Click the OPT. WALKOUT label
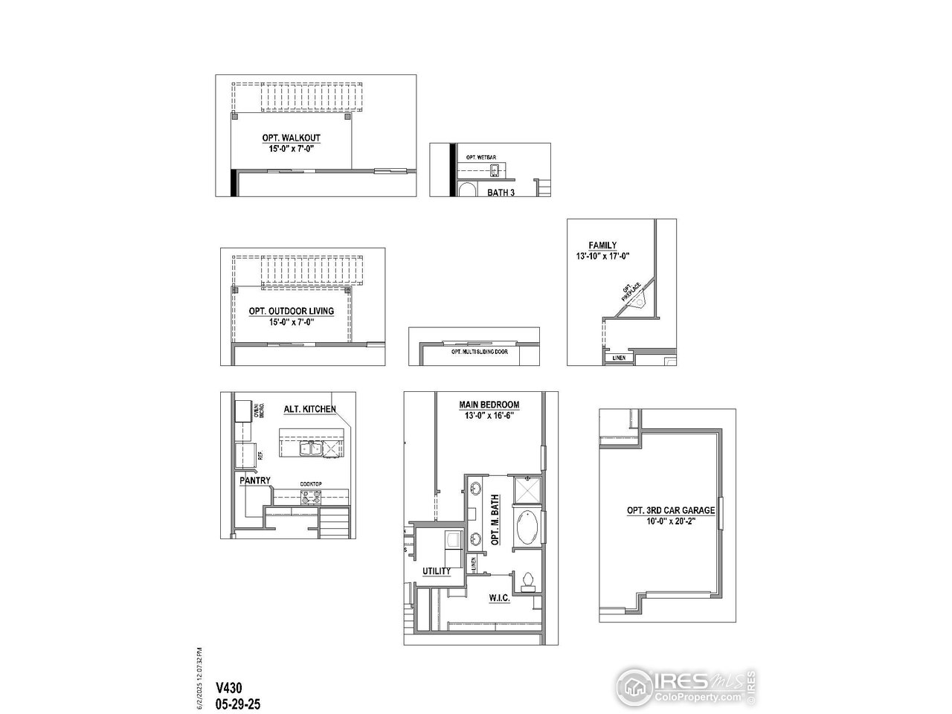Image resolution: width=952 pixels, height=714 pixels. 291,138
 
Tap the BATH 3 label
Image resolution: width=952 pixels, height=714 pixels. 501,192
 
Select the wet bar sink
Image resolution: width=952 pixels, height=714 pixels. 495,172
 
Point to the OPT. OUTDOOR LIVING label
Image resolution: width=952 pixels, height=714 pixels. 291,311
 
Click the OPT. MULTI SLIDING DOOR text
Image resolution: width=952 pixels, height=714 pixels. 479,351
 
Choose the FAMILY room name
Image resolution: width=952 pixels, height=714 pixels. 602,245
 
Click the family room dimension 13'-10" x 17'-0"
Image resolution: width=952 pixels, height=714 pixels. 602,257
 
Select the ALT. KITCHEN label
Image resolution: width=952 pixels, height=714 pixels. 309,409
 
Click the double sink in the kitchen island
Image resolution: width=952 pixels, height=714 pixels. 310,448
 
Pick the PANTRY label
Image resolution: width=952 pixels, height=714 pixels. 255,480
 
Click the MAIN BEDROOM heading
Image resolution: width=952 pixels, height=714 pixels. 489,405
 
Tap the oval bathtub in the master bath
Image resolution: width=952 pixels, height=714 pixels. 526,530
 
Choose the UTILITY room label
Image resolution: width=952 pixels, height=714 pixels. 437,571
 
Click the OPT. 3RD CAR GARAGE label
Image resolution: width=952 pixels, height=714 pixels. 670,510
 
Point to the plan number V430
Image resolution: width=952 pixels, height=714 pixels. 229,688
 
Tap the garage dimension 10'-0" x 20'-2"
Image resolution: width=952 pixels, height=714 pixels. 670,521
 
